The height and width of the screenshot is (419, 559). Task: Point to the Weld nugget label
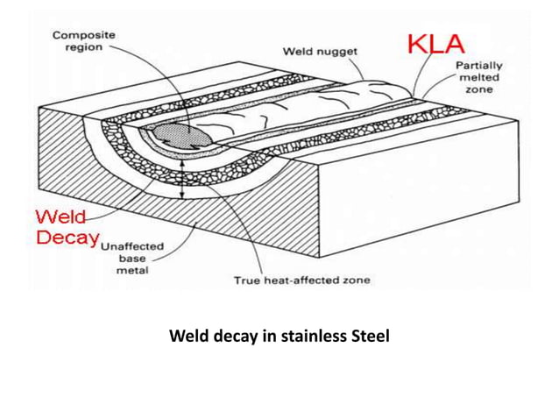[x=321, y=52]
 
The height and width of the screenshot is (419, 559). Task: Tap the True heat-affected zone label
[x=301, y=281]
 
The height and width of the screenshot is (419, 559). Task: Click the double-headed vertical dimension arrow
[x=182, y=179]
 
